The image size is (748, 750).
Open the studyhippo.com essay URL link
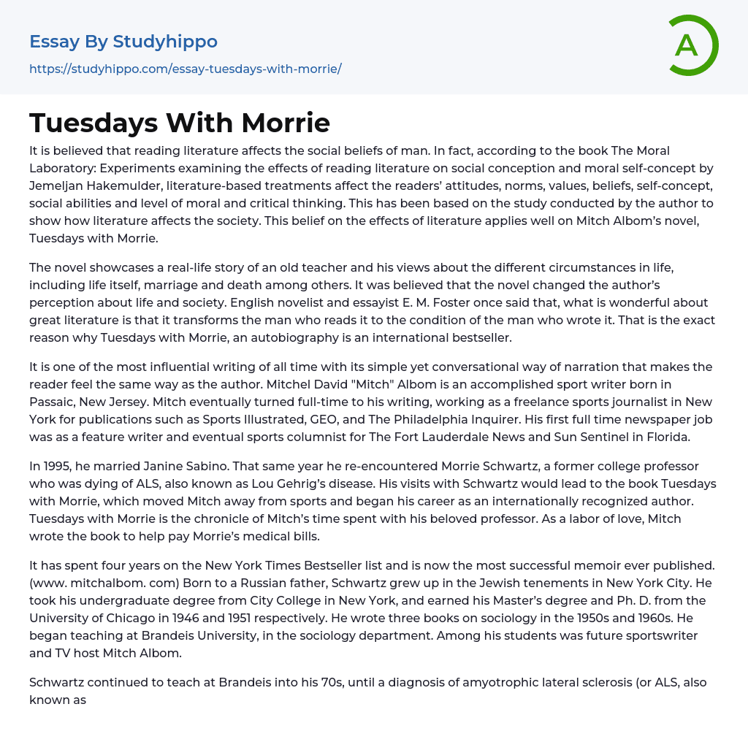coord(186,69)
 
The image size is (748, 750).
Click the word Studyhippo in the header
coord(165,42)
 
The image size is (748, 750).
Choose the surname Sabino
coord(202,467)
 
